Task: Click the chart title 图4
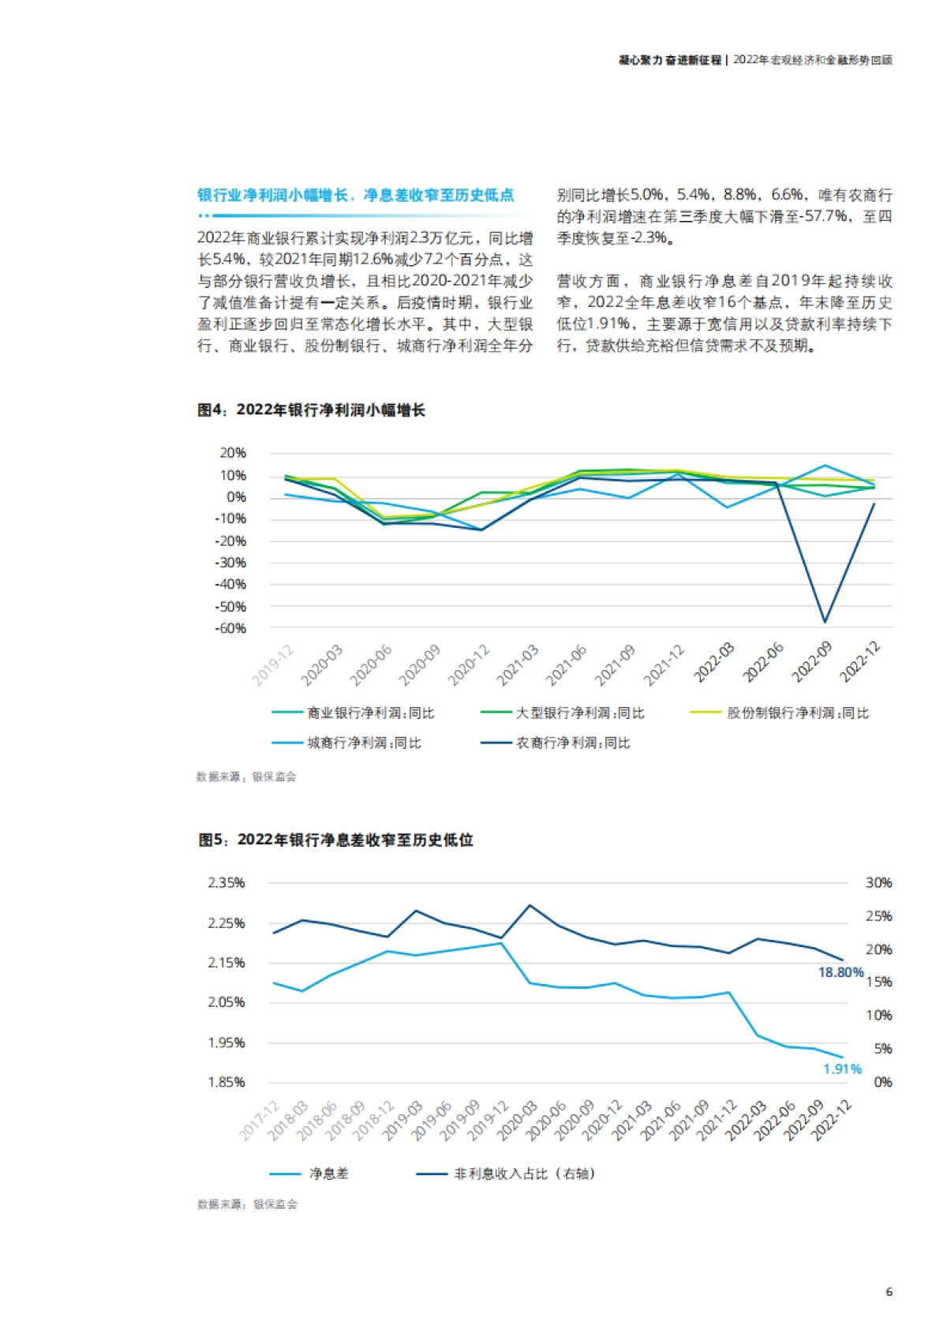coord(311,410)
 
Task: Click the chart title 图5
coord(335,840)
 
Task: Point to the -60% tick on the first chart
coord(230,629)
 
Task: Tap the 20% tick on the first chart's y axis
coord(233,453)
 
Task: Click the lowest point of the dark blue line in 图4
coord(825,622)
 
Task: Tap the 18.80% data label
coord(840,972)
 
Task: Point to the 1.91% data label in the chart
coord(842,1069)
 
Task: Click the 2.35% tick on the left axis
coord(226,882)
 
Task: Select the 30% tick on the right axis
coord(878,882)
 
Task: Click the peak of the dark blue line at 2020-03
coord(530,905)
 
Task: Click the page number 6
coord(889,1292)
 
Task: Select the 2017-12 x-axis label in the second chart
coord(260,1121)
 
